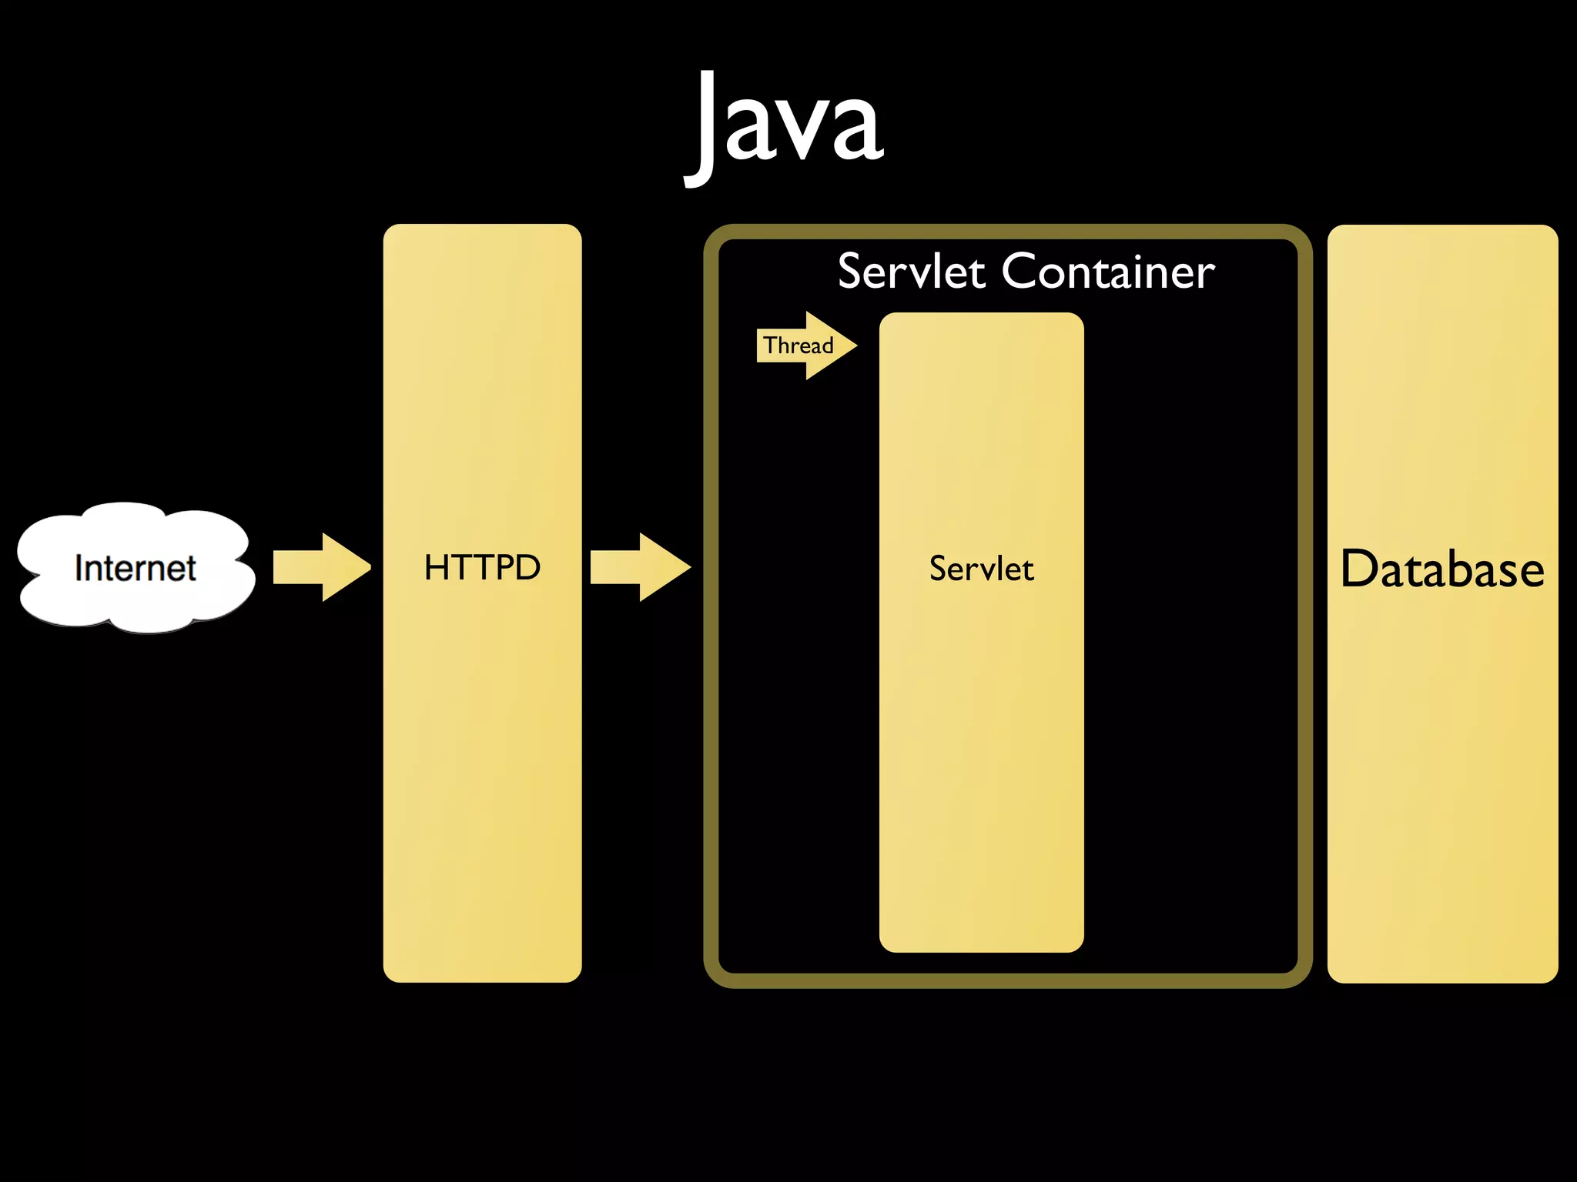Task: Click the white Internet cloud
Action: tap(136, 568)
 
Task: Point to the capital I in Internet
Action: tap(79, 568)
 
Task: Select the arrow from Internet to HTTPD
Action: tap(322, 567)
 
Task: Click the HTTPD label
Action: tap(482, 568)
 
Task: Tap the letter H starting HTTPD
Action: tap(437, 568)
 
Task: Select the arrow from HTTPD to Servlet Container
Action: tap(640, 567)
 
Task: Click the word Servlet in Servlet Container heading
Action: tap(911, 272)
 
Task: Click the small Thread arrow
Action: tap(805, 346)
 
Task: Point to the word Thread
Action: tap(799, 346)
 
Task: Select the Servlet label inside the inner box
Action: tap(981, 569)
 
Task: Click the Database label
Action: tap(1442, 569)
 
